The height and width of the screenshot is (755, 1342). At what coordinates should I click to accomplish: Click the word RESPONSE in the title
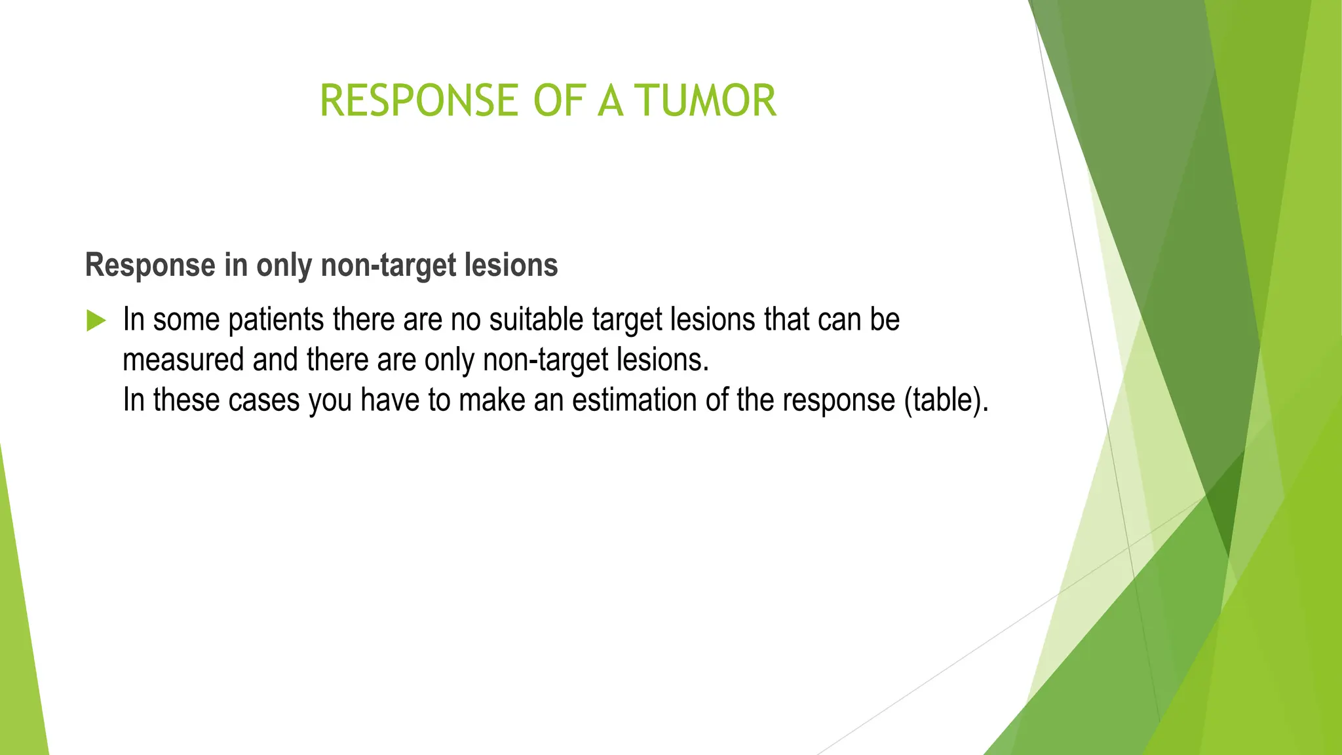pos(419,101)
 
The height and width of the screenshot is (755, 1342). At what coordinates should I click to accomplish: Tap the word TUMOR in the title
pos(706,101)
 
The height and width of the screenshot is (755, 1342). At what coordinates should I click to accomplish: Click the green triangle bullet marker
pos(96,321)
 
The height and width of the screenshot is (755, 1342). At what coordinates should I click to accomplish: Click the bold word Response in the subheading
pos(150,266)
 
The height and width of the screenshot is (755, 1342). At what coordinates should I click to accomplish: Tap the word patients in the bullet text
pos(276,320)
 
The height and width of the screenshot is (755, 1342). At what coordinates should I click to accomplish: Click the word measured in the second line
pos(183,360)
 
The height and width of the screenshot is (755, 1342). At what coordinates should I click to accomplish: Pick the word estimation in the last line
pos(635,400)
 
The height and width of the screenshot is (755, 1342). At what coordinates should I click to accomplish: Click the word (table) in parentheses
pos(943,400)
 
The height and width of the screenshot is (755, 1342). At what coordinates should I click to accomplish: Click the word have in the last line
pos(390,400)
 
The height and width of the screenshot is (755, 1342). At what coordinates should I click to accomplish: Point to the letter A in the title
pos(610,101)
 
